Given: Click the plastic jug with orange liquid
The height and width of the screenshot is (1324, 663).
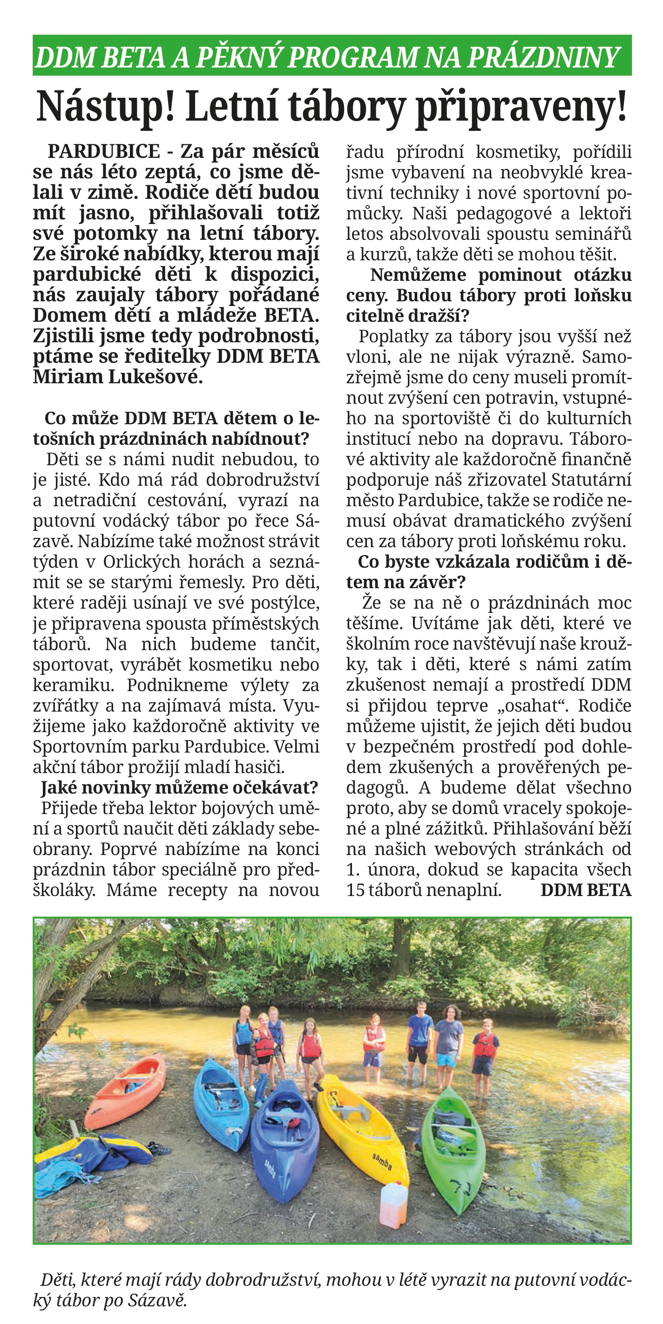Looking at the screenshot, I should point(394,1205).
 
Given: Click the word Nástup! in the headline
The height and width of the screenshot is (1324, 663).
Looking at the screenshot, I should point(106,107).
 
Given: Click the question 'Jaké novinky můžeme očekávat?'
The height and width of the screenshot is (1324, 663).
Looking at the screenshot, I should point(179,788).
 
